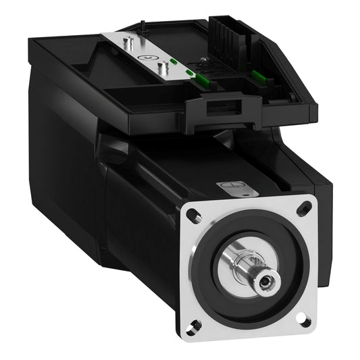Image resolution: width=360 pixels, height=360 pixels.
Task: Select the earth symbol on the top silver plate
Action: pos(145,59)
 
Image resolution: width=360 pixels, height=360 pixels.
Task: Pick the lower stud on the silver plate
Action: pos(162,68)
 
